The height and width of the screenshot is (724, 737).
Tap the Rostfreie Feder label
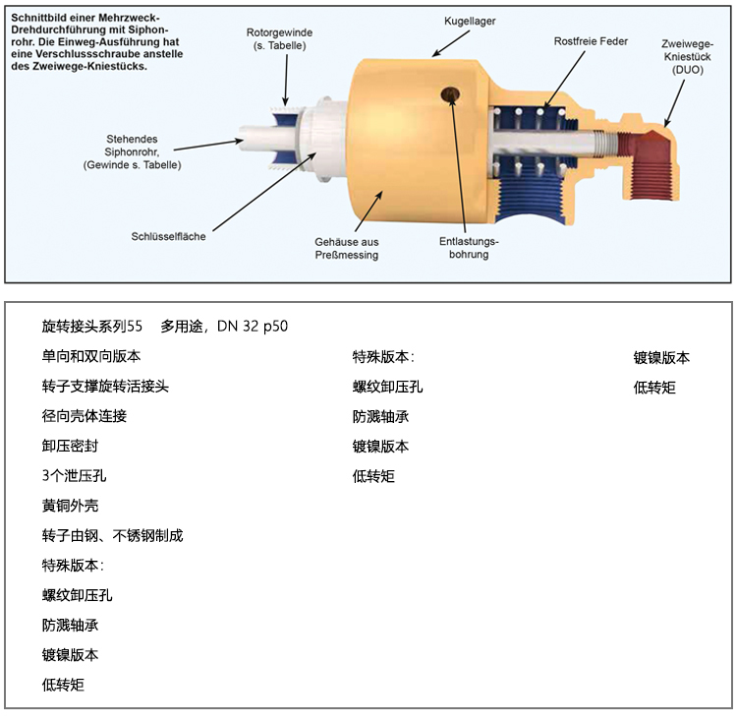coord(590,41)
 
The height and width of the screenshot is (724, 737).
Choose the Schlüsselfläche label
coord(169,236)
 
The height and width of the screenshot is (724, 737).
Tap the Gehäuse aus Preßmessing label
coord(347,248)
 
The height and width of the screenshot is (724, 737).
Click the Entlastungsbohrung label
coord(470,248)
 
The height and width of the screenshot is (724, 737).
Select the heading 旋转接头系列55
coord(92,327)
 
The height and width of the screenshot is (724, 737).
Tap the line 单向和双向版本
coord(90,356)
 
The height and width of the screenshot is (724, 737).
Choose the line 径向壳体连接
coord(84,416)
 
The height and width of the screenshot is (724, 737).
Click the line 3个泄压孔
coord(74,476)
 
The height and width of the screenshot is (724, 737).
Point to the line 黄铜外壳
coord(70,506)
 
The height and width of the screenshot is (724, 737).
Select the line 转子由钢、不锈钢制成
coord(112,536)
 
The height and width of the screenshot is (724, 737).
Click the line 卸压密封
coord(70,446)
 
